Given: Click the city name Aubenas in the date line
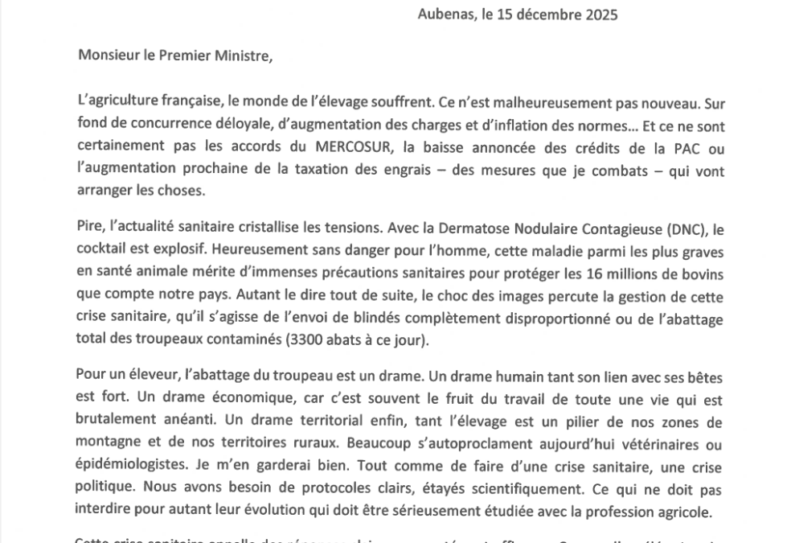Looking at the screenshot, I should (x=442, y=14).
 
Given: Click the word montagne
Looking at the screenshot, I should (x=105, y=443).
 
